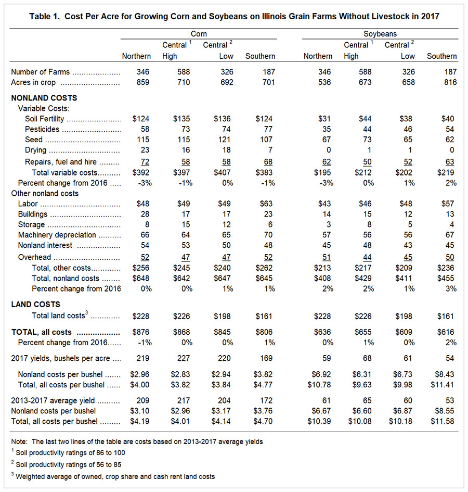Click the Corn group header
click(x=199, y=34)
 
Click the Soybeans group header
click(x=380, y=34)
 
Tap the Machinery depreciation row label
click(x=57, y=235)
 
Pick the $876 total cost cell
click(x=141, y=332)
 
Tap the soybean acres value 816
click(x=450, y=82)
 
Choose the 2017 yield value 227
click(x=183, y=358)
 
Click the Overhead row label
click(x=34, y=257)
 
